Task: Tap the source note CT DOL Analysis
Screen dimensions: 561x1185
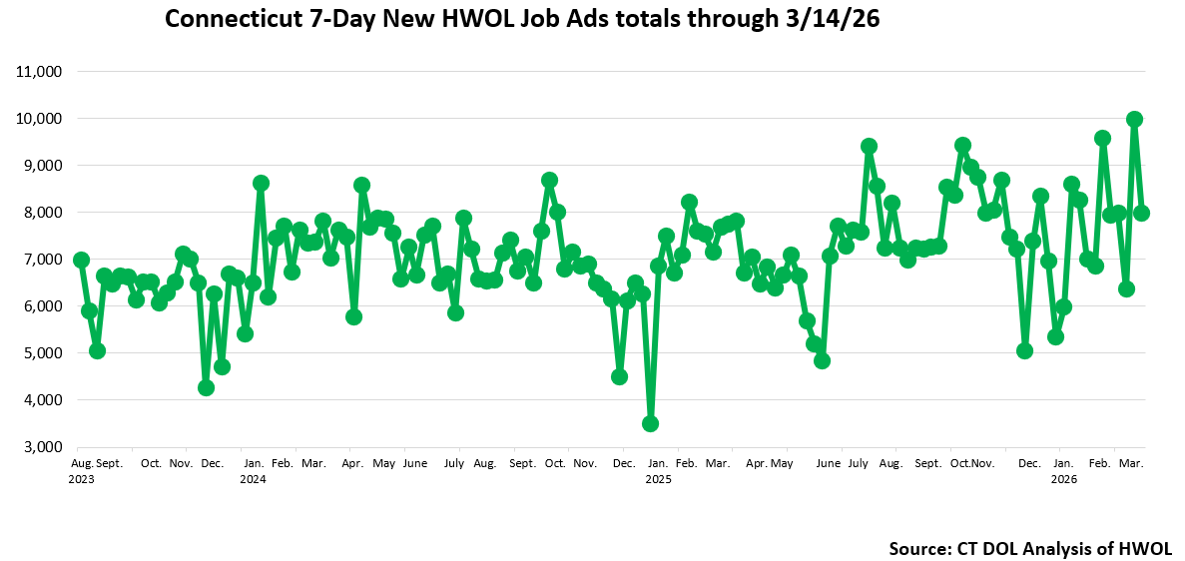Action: [1030, 548]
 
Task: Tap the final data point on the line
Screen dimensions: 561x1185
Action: [1142, 213]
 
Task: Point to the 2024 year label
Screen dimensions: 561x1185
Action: [253, 478]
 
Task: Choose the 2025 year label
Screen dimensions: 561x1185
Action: [659, 478]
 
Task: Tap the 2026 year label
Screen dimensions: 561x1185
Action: [1064, 478]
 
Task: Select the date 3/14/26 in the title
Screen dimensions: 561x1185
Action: [830, 20]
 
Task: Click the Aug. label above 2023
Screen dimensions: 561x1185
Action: [83, 464]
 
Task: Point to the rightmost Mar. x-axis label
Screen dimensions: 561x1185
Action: [1131, 464]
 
